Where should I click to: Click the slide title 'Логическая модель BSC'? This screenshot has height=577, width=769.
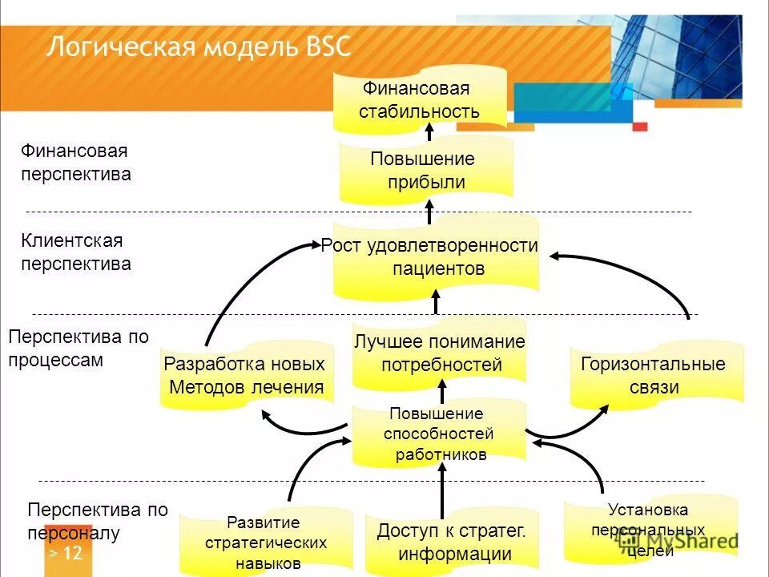[199, 46]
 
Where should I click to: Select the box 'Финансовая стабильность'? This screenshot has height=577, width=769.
[420, 99]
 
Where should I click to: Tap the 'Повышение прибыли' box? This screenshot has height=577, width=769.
[424, 170]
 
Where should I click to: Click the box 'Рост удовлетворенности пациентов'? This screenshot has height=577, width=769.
[435, 256]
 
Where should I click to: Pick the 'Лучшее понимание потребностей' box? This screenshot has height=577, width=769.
[440, 353]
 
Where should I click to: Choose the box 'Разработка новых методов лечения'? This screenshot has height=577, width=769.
[245, 376]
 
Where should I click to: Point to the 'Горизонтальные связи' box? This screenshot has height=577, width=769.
[654, 376]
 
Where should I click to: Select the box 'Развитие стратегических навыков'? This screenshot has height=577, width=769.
[265, 543]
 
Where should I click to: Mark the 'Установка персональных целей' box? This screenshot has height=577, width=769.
[649, 529]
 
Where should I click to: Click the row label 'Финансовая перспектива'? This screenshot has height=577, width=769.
[75, 162]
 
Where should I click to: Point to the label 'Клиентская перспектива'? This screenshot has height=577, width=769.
[75, 252]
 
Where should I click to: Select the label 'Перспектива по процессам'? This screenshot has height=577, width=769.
[78, 348]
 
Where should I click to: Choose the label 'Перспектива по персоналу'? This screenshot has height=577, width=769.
[98, 520]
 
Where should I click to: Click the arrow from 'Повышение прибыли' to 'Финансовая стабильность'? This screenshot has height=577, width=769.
[429, 133]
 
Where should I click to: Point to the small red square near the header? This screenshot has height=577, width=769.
[639, 126]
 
